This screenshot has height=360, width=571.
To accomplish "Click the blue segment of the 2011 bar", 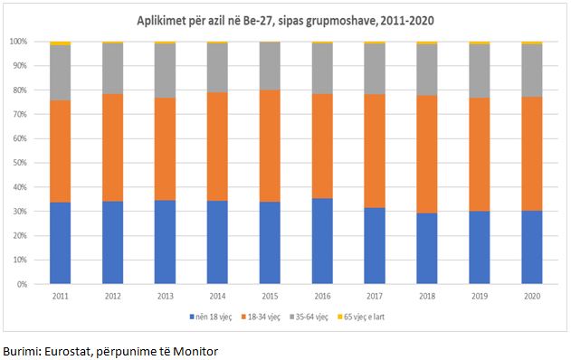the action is [60, 242].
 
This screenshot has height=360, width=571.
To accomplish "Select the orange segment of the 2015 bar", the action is [270, 146].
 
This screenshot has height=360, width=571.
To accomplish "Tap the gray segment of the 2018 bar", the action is [427, 70].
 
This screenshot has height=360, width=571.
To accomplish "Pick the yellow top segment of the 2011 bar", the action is [60, 43].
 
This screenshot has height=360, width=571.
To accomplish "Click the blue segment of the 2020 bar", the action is [532, 247].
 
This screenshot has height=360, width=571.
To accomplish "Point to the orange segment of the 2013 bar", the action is [165, 149].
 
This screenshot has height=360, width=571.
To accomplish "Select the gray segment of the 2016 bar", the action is [322, 69].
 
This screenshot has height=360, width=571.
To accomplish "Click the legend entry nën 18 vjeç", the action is [211, 317].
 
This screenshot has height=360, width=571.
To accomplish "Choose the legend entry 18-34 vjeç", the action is [261, 317].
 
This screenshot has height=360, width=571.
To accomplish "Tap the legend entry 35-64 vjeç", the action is [309, 317].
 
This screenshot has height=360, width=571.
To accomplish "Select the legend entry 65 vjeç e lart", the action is [361, 317].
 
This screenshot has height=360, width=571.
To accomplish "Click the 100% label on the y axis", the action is [18, 42].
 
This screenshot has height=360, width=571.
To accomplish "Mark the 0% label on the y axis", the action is [22, 284].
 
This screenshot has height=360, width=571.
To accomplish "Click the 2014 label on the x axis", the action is [217, 297].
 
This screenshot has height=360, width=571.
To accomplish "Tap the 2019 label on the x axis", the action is [480, 297].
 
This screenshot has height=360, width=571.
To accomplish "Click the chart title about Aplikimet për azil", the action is [286, 21].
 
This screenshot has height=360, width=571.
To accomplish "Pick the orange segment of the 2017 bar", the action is [375, 151].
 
